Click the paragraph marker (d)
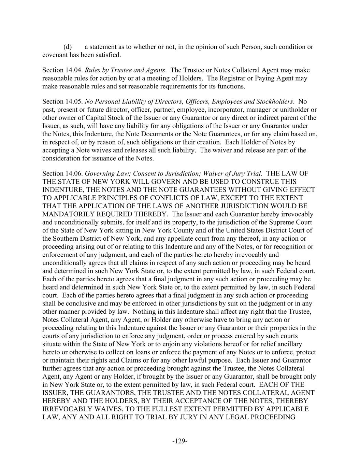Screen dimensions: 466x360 pyautogui.click(x=67, y=47)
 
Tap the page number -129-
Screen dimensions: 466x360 pyautogui.click(x=180, y=441)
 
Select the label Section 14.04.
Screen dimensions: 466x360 pyautogui.click(x=62, y=70)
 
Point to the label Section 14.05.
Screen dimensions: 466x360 pyautogui.click(x=62, y=102)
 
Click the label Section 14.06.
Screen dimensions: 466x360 pyautogui.click(x=62, y=173)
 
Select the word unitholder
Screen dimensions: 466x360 pyautogui.click(x=299, y=110)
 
